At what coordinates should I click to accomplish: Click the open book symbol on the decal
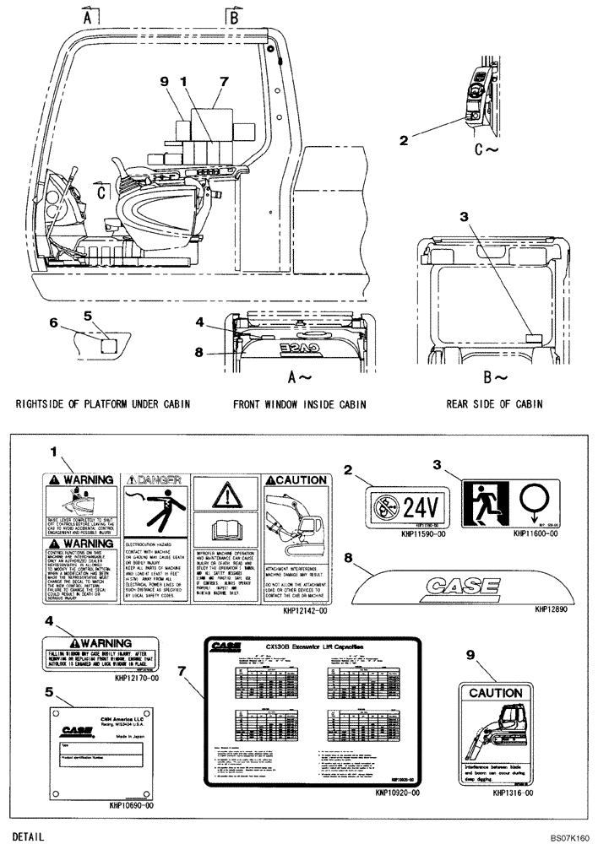pyautogui.click(x=225, y=533)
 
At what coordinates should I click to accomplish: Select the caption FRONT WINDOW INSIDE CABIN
pyautogui.click(x=299, y=404)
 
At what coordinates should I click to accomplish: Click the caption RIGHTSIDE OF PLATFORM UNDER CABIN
pyautogui.click(x=103, y=404)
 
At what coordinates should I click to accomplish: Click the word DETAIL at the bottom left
pyautogui.click(x=29, y=836)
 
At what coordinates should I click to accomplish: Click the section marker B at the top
pyautogui.click(x=235, y=15)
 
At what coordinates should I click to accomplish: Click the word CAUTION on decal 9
pyautogui.click(x=496, y=693)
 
